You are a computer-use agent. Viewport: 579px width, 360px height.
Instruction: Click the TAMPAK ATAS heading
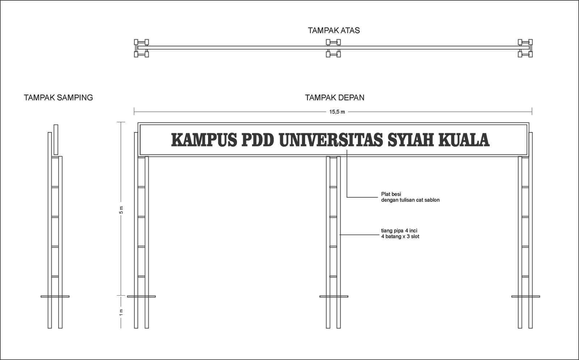click(x=334, y=30)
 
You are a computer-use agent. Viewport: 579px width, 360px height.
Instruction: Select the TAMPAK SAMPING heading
click(x=58, y=98)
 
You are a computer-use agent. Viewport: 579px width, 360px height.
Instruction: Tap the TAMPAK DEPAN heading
click(x=334, y=98)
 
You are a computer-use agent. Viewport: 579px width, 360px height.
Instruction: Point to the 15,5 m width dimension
click(x=337, y=112)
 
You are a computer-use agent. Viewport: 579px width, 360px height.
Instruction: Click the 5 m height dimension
click(x=121, y=210)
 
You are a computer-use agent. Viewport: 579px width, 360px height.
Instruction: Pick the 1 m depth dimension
click(x=121, y=312)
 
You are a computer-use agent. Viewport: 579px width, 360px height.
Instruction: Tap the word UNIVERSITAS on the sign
click(x=330, y=140)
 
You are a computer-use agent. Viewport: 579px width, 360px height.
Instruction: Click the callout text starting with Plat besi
click(x=410, y=197)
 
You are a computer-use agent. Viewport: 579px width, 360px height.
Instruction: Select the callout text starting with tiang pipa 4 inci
click(x=400, y=233)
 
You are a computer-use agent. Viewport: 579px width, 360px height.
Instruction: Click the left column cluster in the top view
click(x=141, y=48)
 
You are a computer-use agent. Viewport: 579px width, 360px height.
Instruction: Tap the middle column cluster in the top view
click(x=333, y=48)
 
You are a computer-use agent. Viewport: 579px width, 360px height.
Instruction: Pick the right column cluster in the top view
click(x=525, y=48)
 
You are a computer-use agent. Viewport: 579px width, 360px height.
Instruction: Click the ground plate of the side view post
click(x=55, y=296)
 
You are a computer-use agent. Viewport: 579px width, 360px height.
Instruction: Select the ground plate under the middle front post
click(x=334, y=296)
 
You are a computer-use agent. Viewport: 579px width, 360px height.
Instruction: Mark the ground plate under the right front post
click(x=525, y=296)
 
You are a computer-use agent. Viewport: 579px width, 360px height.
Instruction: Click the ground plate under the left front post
click(x=141, y=296)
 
